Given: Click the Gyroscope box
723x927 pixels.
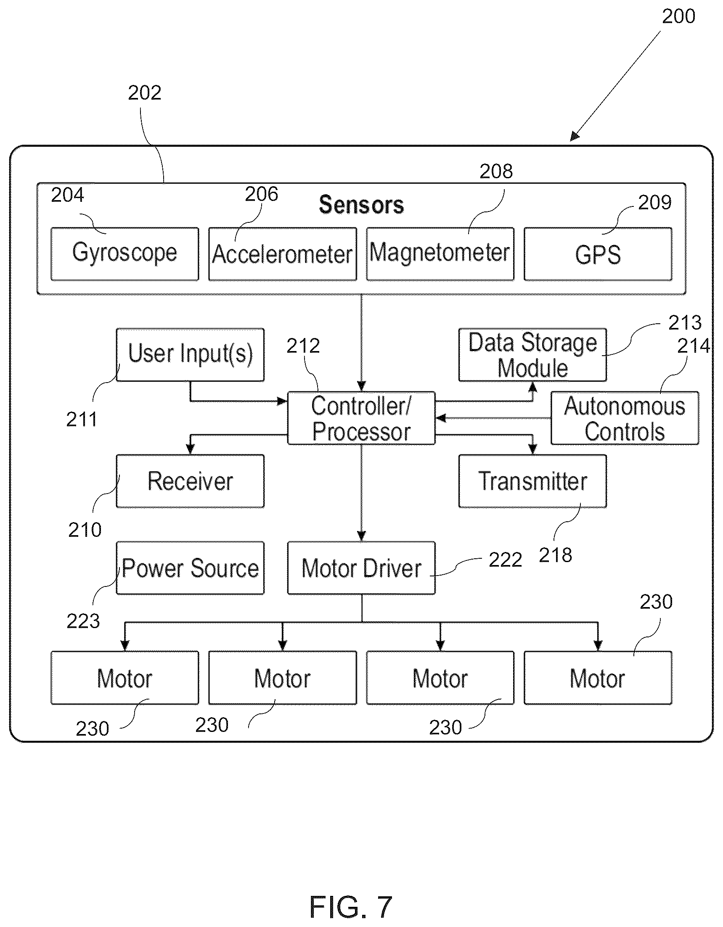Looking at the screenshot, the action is coord(125,254).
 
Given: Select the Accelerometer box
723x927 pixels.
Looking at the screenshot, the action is coord(282,254).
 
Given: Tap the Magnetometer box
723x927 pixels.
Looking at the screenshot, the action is coord(440,254).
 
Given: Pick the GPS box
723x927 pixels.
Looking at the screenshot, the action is coord(598,254).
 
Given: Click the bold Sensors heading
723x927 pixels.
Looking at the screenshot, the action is coord(361,205).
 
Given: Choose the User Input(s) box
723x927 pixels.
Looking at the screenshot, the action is coord(190,354).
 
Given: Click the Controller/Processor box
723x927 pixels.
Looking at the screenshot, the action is coord(361,418).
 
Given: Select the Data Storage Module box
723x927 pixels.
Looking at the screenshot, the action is coord(533,354).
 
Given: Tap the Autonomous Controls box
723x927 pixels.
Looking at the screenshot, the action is coord(625,418).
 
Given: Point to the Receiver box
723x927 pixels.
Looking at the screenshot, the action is coord(190,481).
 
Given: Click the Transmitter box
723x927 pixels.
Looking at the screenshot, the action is coord(533,481).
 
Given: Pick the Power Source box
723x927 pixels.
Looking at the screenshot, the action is coord(190,568).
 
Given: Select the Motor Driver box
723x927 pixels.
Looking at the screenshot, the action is coord(361,568).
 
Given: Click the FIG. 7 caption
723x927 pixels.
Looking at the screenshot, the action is coord(351,907).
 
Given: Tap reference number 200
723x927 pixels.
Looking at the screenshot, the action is coord(678,16).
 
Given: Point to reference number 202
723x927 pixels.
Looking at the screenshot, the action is coord(145,92).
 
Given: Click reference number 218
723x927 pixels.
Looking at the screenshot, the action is coord(555,555).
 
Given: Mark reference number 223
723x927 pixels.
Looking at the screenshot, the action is coord(83,621).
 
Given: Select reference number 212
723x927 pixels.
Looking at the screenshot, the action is coord(303,346).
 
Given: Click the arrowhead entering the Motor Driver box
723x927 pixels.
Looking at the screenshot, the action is coord(361,536).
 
